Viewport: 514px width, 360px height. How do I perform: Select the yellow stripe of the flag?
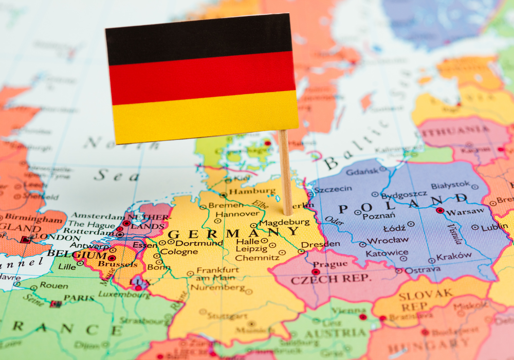tap(206, 116)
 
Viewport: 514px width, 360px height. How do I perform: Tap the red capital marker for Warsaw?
tap(439, 210)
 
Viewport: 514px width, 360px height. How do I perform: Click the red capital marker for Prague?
tap(315, 272)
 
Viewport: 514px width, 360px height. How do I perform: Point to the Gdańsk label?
tap(362, 171)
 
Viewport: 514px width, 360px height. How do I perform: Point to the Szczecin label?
tap(333, 189)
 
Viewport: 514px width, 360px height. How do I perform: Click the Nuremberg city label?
tap(217, 288)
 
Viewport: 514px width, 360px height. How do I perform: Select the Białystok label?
tap(450, 185)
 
